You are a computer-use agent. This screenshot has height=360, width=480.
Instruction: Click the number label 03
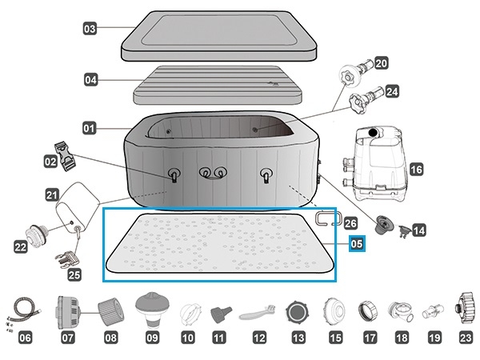(90, 29)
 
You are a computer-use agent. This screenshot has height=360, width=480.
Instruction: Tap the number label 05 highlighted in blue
(357, 244)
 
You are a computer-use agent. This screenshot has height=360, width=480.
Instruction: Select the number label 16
(415, 170)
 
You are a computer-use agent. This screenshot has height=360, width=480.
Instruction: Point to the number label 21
(51, 194)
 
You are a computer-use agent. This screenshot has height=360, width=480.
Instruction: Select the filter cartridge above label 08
(110, 309)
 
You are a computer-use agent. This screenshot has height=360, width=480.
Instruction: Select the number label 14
(418, 230)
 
